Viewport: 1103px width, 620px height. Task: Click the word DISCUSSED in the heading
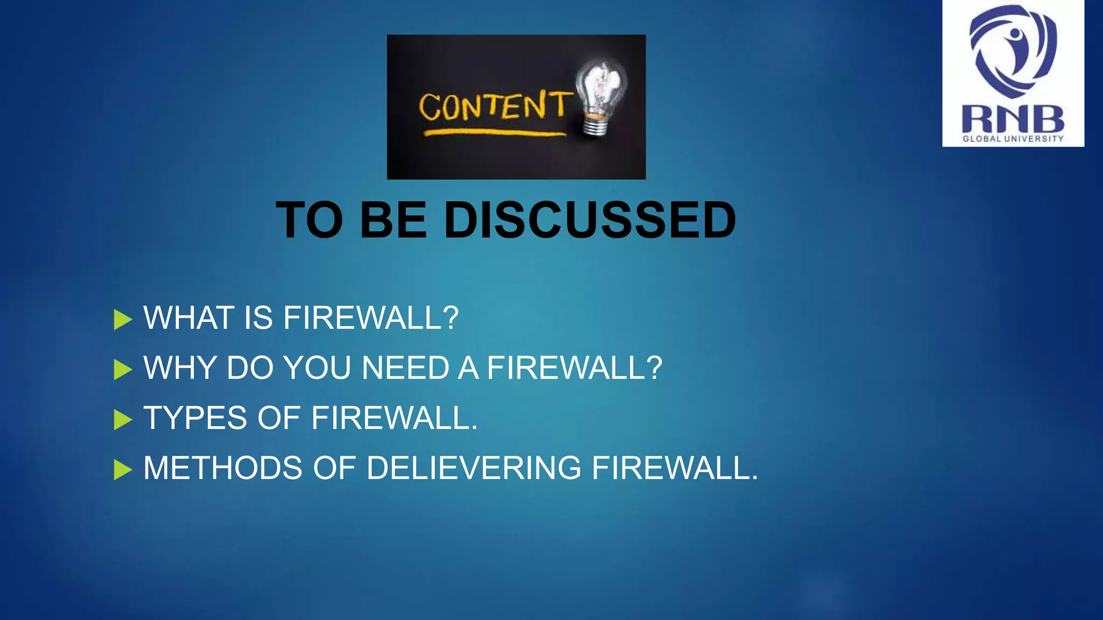pos(589,220)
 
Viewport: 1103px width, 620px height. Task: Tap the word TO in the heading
pos(309,220)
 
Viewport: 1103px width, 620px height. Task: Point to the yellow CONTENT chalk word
pos(493,105)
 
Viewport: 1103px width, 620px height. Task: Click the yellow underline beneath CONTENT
pos(494,132)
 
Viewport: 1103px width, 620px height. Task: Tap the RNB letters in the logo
pos(1013,119)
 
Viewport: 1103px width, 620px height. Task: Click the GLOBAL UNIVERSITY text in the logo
pos(1013,139)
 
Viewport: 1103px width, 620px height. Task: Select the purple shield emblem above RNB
pos(1013,51)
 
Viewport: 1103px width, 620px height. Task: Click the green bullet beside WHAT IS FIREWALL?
pos(123,320)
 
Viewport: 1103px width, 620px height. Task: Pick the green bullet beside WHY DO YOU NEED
pos(123,370)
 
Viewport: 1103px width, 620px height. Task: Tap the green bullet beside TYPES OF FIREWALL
pos(123,420)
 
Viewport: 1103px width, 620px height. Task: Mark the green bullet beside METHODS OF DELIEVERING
pos(123,470)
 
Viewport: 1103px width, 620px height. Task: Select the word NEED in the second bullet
pos(405,368)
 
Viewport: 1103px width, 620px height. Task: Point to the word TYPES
pos(195,418)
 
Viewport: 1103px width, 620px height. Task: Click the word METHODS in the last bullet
pos(222,468)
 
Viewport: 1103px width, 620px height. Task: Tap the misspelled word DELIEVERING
pos(473,468)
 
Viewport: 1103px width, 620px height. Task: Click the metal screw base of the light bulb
pos(595,126)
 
